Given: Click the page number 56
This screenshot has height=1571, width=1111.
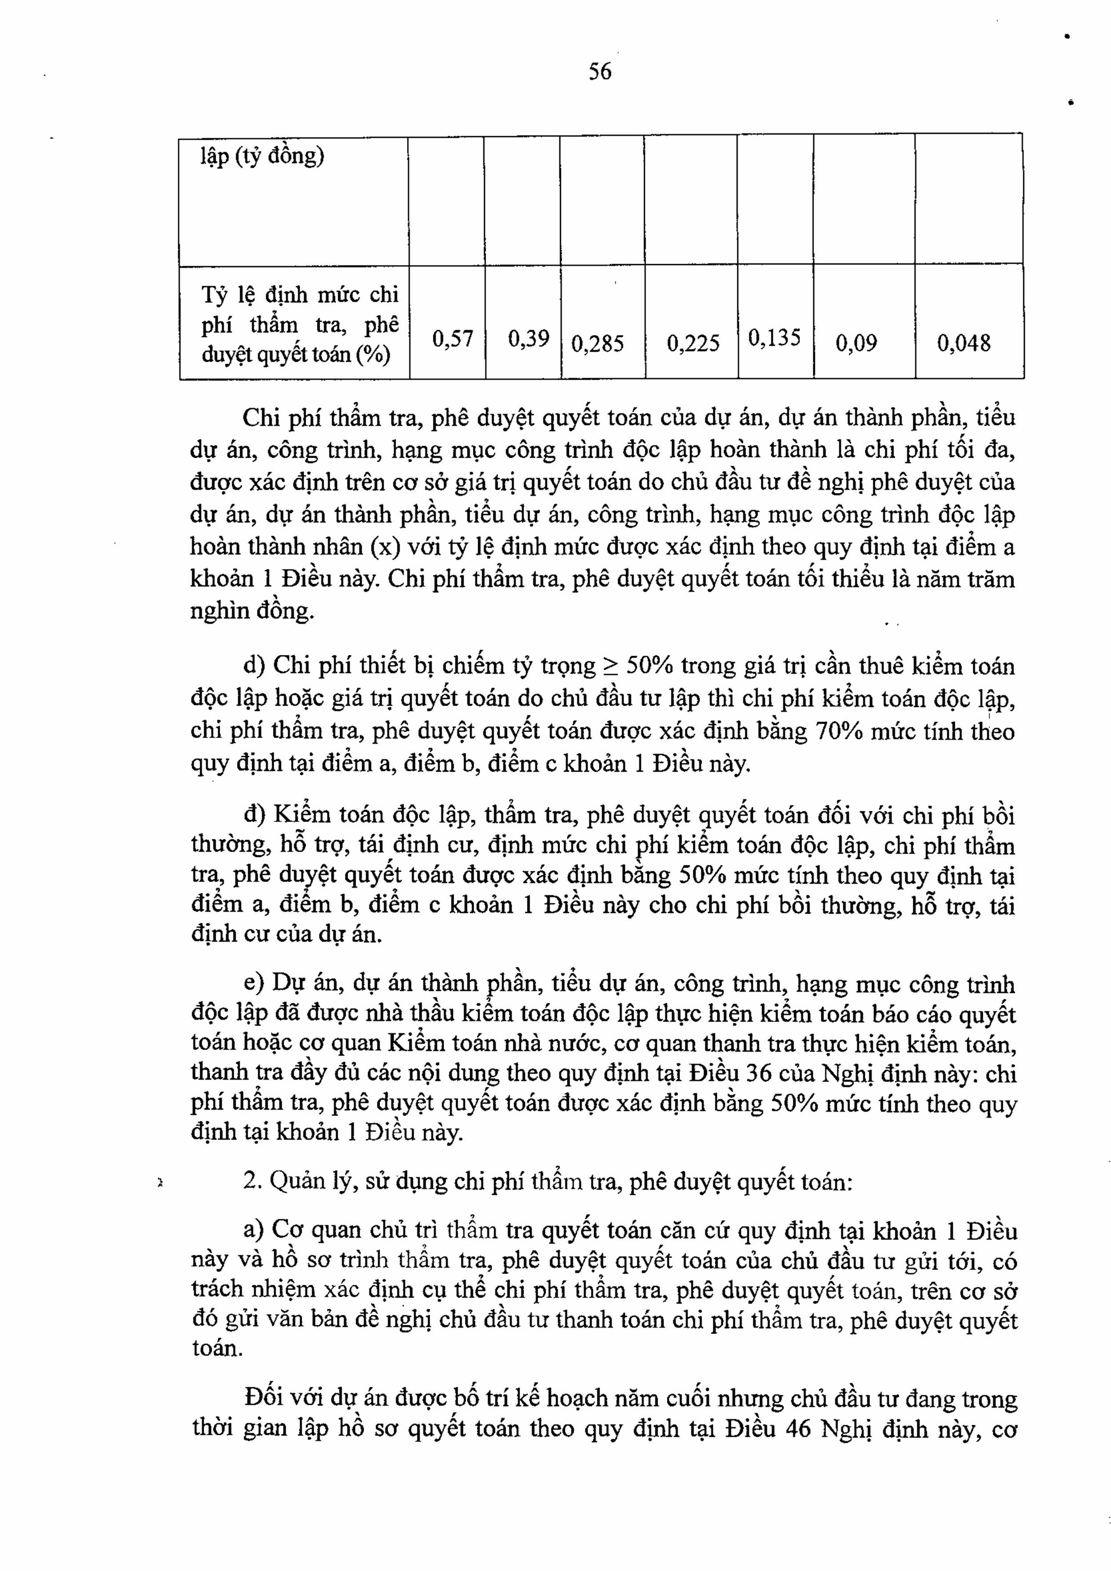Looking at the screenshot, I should point(599,71).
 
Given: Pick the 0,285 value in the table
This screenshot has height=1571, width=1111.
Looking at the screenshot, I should point(597,343).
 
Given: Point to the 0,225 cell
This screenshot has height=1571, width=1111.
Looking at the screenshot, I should point(693,343).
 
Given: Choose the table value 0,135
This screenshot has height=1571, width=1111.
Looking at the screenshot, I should point(774,338).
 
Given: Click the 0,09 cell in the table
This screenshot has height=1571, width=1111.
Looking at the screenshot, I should point(856,343).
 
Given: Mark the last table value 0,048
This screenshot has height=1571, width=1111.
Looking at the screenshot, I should point(963,343).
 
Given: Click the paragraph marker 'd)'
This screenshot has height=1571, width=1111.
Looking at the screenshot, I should point(254,666).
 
